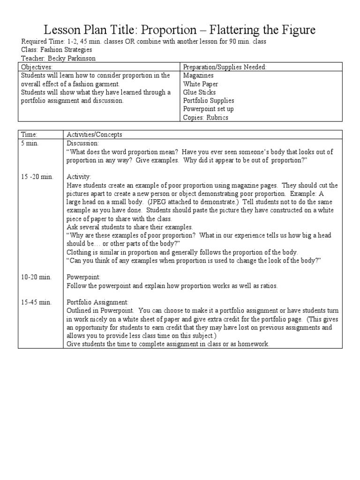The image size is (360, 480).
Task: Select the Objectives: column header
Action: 37,67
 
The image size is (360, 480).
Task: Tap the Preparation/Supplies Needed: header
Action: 225,67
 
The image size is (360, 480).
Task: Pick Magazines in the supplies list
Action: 198,75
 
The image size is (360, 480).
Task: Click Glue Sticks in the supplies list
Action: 199,92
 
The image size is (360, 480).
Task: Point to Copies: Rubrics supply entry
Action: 205,117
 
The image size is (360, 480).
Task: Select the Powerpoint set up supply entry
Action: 208,109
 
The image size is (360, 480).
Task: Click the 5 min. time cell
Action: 30,143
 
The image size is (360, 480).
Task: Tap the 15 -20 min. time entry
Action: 37,177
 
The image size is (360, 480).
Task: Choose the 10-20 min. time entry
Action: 36,277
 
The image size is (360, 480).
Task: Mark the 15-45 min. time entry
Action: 36,302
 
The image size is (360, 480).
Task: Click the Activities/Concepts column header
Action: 94,135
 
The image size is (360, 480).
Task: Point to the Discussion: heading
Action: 82,143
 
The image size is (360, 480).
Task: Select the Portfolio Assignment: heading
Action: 97,302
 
